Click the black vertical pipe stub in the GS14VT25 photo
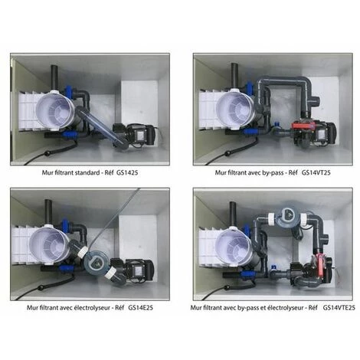[x=233, y=75]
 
